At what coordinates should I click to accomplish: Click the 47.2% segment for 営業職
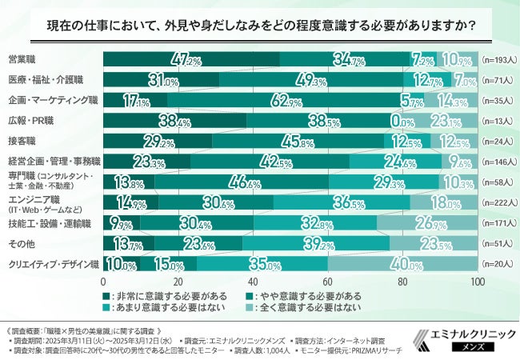tap(191, 60)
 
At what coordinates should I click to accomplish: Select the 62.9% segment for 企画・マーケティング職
tap(286, 101)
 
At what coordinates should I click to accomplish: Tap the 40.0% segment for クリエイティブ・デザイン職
tap(402, 263)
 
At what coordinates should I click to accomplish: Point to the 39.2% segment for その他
tap(316, 242)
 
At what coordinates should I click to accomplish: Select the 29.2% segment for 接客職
tap(158, 141)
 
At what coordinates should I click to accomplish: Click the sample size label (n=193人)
tap(500, 60)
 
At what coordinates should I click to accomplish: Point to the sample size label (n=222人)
tap(500, 202)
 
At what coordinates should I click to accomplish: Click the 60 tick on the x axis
tap(328, 282)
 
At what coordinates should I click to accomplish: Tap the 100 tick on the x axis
tap(478, 282)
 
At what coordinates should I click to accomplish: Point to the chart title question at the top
tap(260, 25)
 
